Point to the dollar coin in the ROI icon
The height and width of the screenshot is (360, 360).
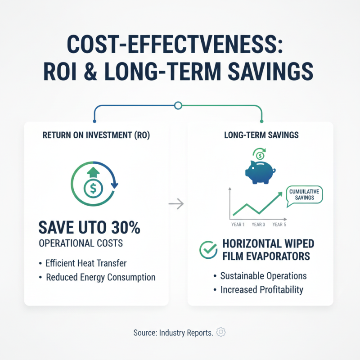[x=93, y=189]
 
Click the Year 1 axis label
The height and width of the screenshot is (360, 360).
[x=237, y=224]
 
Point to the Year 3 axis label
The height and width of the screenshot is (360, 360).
[x=258, y=224]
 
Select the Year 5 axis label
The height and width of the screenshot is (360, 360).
[x=279, y=224]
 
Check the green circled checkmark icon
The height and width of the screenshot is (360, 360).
[x=208, y=250]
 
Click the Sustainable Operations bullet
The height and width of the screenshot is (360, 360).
[x=263, y=275]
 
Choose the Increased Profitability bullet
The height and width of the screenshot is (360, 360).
[x=261, y=289]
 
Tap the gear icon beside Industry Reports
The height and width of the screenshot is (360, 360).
[x=221, y=333]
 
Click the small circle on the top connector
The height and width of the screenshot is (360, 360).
[x=178, y=106]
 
